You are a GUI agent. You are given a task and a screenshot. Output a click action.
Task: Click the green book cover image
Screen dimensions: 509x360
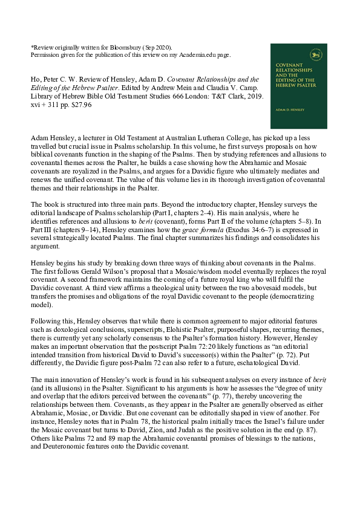(x=298, y=86)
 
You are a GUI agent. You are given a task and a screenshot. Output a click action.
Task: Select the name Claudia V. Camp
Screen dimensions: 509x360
(x=219, y=88)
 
